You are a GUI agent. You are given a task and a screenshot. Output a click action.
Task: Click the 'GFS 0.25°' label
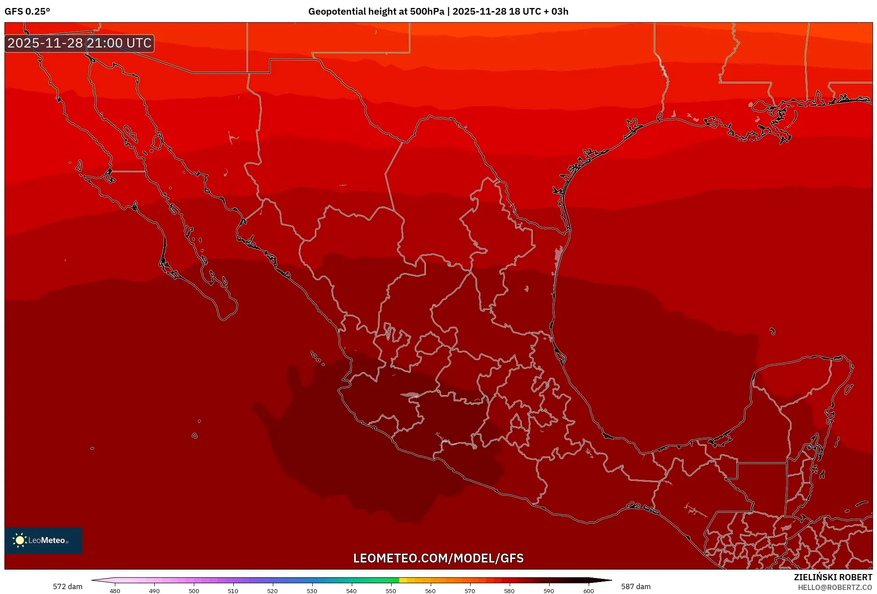coord(27,12)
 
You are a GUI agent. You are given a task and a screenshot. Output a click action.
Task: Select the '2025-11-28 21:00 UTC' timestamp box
coord(79,43)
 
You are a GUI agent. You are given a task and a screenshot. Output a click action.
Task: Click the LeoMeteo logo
coord(43,540)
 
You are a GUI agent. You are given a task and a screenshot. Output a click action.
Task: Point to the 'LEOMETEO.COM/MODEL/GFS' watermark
coord(438,558)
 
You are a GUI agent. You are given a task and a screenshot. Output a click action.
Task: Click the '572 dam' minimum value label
coord(67,586)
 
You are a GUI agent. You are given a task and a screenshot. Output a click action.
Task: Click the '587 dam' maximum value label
coord(636,586)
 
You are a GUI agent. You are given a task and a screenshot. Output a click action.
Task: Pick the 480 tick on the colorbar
coord(115,590)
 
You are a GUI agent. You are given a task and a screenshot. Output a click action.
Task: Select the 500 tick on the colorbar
coord(194,590)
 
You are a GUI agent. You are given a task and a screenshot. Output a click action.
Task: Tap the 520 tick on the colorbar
coord(272,590)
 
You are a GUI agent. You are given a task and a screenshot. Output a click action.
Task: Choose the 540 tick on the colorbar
coord(351,590)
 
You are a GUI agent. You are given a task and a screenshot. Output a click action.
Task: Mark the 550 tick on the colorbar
coord(391,590)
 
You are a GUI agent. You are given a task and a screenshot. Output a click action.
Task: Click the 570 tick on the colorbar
coord(470,590)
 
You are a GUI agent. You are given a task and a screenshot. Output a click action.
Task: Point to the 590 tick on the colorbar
coord(549,590)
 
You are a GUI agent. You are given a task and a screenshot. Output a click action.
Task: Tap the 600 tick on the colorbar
coord(588,590)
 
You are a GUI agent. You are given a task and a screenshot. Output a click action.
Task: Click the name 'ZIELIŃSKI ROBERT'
coord(833,577)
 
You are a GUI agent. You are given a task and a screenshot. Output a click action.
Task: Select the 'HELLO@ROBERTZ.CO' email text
coord(835,587)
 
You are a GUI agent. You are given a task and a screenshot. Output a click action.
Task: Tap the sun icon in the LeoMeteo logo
coord(20,540)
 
